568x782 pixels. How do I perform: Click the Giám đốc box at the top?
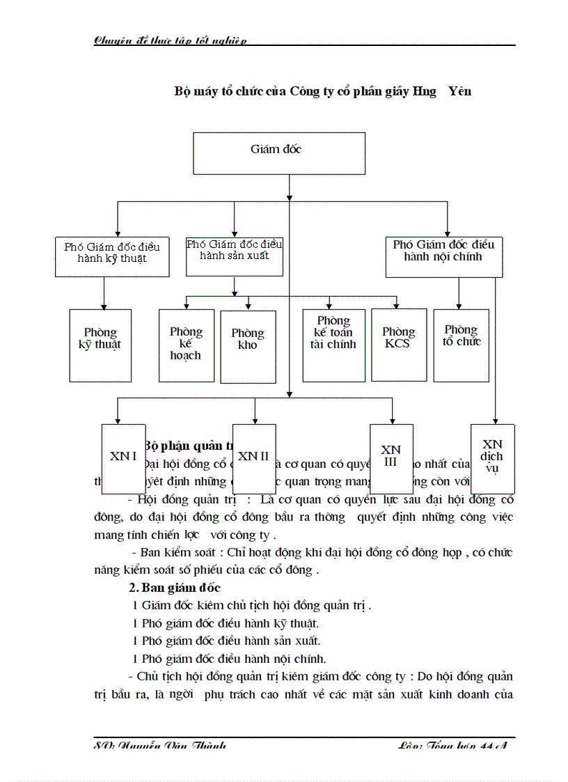pos(276,154)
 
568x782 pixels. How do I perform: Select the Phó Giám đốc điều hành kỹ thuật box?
pos(112,255)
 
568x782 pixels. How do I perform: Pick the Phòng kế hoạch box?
pos(186,344)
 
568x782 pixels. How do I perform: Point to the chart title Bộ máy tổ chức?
pos(322,91)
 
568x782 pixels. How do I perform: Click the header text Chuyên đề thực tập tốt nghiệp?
pos(171,41)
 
